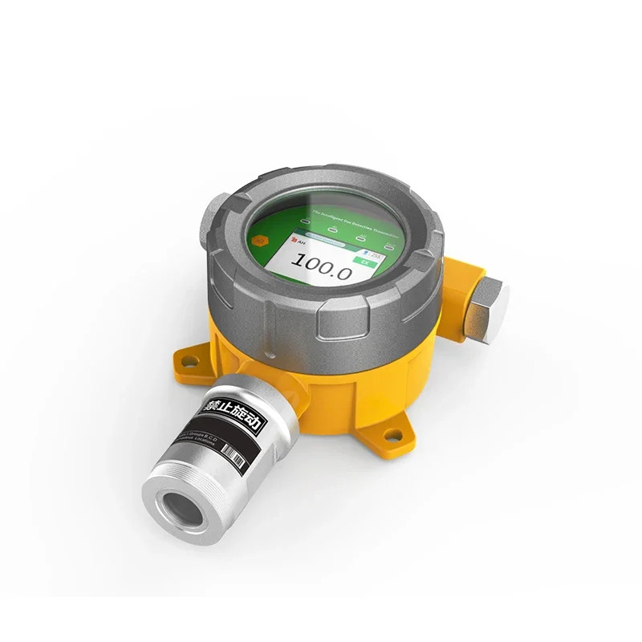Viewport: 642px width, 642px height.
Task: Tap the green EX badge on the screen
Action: point(364,261)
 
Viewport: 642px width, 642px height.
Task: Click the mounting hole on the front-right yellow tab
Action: point(392,436)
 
